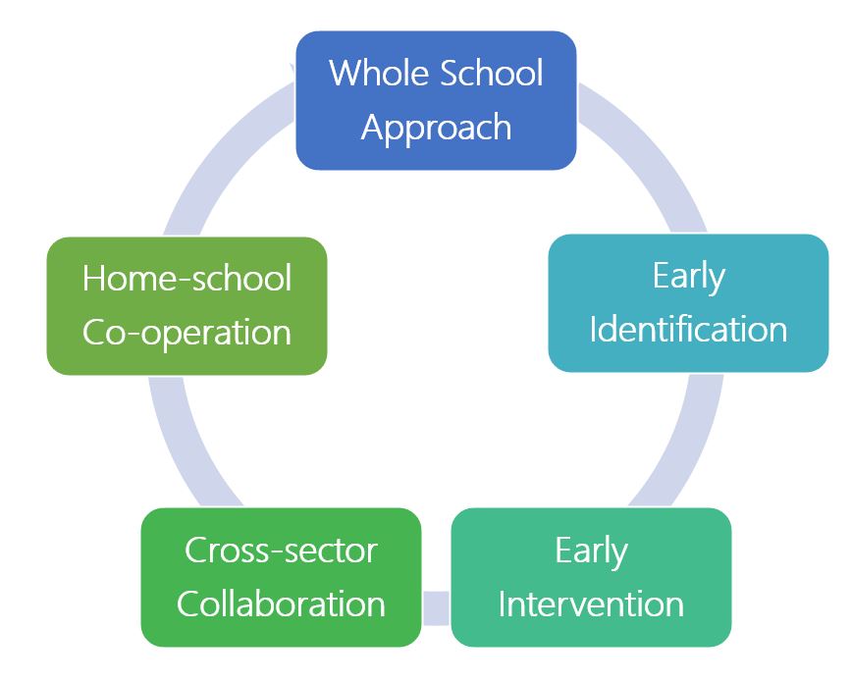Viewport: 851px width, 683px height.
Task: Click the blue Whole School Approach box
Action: (436, 100)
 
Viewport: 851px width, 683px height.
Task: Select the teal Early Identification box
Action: (688, 303)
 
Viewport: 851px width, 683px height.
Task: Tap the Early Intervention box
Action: (591, 577)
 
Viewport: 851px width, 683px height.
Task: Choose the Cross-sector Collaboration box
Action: (281, 577)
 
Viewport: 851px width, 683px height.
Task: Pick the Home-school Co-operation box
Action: (187, 306)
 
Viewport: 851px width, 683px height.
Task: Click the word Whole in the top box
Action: (380, 73)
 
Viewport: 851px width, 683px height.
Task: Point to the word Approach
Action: (437, 129)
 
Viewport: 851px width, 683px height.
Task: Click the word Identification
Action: (688, 330)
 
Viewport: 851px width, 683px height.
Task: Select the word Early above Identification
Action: (689, 277)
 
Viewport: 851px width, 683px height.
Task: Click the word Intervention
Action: (591, 604)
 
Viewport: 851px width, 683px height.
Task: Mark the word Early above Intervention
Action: (591, 552)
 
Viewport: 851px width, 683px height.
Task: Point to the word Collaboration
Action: (281, 604)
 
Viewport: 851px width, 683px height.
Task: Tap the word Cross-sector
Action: (281, 551)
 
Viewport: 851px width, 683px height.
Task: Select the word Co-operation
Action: (187, 333)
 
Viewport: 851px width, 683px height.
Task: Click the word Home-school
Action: (187, 278)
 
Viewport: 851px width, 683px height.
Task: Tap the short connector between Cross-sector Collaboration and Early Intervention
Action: (436, 607)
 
